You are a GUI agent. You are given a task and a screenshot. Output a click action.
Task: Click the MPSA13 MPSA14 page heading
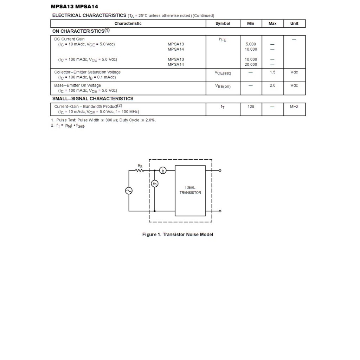(x=75, y=6)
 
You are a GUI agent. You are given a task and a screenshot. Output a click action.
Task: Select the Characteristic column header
(x=128, y=24)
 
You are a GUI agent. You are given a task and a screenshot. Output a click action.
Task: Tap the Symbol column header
(x=223, y=24)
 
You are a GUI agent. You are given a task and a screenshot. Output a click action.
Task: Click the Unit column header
(x=294, y=24)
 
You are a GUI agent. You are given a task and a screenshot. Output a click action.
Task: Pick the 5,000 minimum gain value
(x=251, y=44)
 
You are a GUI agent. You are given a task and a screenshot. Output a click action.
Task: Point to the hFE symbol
(x=223, y=40)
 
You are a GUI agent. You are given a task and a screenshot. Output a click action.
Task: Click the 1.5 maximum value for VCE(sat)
(x=272, y=72)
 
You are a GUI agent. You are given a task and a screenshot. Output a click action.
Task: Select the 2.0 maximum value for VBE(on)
(x=272, y=85)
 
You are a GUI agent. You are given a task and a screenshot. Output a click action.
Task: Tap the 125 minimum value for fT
(x=251, y=107)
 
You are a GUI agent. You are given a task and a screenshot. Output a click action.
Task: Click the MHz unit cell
(x=294, y=107)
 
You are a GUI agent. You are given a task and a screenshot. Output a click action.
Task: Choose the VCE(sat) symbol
(x=223, y=73)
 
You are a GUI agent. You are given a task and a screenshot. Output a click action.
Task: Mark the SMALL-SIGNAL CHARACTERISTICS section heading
(x=93, y=98)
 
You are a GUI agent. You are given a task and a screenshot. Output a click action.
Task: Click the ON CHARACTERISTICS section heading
(x=81, y=31)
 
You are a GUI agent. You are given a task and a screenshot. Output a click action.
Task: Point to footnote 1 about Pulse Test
(x=104, y=120)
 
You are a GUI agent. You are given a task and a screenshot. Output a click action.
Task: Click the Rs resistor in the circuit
(x=140, y=170)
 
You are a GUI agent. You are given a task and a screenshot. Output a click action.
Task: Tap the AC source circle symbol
(x=129, y=191)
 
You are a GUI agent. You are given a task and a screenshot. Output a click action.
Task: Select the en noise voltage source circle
(x=155, y=184)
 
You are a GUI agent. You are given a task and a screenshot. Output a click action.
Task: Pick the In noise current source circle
(x=163, y=170)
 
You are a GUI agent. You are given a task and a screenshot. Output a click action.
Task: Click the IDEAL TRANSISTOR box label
(x=190, y=190)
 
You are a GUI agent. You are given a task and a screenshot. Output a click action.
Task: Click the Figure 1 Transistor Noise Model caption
(x=178, y=234)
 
